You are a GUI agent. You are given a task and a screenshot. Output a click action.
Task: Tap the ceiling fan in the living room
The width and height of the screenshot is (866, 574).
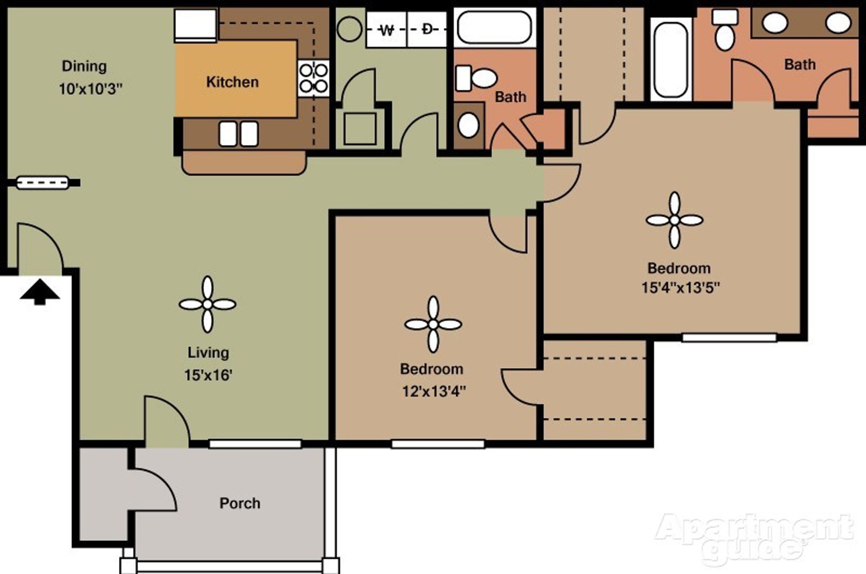click(x=207, y=305)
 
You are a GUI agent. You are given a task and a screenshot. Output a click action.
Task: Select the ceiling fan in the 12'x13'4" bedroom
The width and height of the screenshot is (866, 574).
click(x=433, y=324)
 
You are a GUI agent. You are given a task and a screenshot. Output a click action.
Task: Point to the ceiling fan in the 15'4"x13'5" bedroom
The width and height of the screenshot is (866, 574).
click(x=674, y=220)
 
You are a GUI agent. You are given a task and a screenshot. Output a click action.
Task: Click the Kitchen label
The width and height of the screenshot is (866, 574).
click(x=232, y=82)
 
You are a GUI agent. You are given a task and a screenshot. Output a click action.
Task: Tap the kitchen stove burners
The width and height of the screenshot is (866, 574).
click(x=313, y=78)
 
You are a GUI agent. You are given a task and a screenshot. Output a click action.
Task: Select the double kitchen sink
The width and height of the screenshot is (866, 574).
click(x=239, y=134)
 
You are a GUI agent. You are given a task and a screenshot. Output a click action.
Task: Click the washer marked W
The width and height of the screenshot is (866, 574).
click(x=387, y=30)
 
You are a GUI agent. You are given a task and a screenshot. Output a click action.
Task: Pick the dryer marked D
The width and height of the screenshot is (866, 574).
click(x=427, y=30)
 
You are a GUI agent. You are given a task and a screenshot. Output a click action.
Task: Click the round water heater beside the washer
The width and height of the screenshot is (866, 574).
click(x=349, y=29)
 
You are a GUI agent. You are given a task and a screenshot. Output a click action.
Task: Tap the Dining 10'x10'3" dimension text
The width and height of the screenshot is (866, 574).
click(x=90, y=89)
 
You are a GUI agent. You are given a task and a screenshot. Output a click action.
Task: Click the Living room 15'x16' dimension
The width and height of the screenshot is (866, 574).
click(x=208, y=375)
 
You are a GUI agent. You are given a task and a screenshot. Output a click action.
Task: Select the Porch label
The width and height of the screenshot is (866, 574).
click(x=240, y=503)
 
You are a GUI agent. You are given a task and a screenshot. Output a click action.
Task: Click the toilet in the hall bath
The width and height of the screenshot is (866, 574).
click(x=477, y=79)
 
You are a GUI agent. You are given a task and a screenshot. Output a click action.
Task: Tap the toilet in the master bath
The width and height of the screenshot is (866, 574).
click(x=725, y=30)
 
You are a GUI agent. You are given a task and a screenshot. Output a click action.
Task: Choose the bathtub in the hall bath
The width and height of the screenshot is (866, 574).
click(x=494, y=27)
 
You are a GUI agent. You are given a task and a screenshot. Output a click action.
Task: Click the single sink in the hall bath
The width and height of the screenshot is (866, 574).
click(x=468, y=125)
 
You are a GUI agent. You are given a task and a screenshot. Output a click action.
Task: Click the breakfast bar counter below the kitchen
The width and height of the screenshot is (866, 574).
click(x=244, y=163)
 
